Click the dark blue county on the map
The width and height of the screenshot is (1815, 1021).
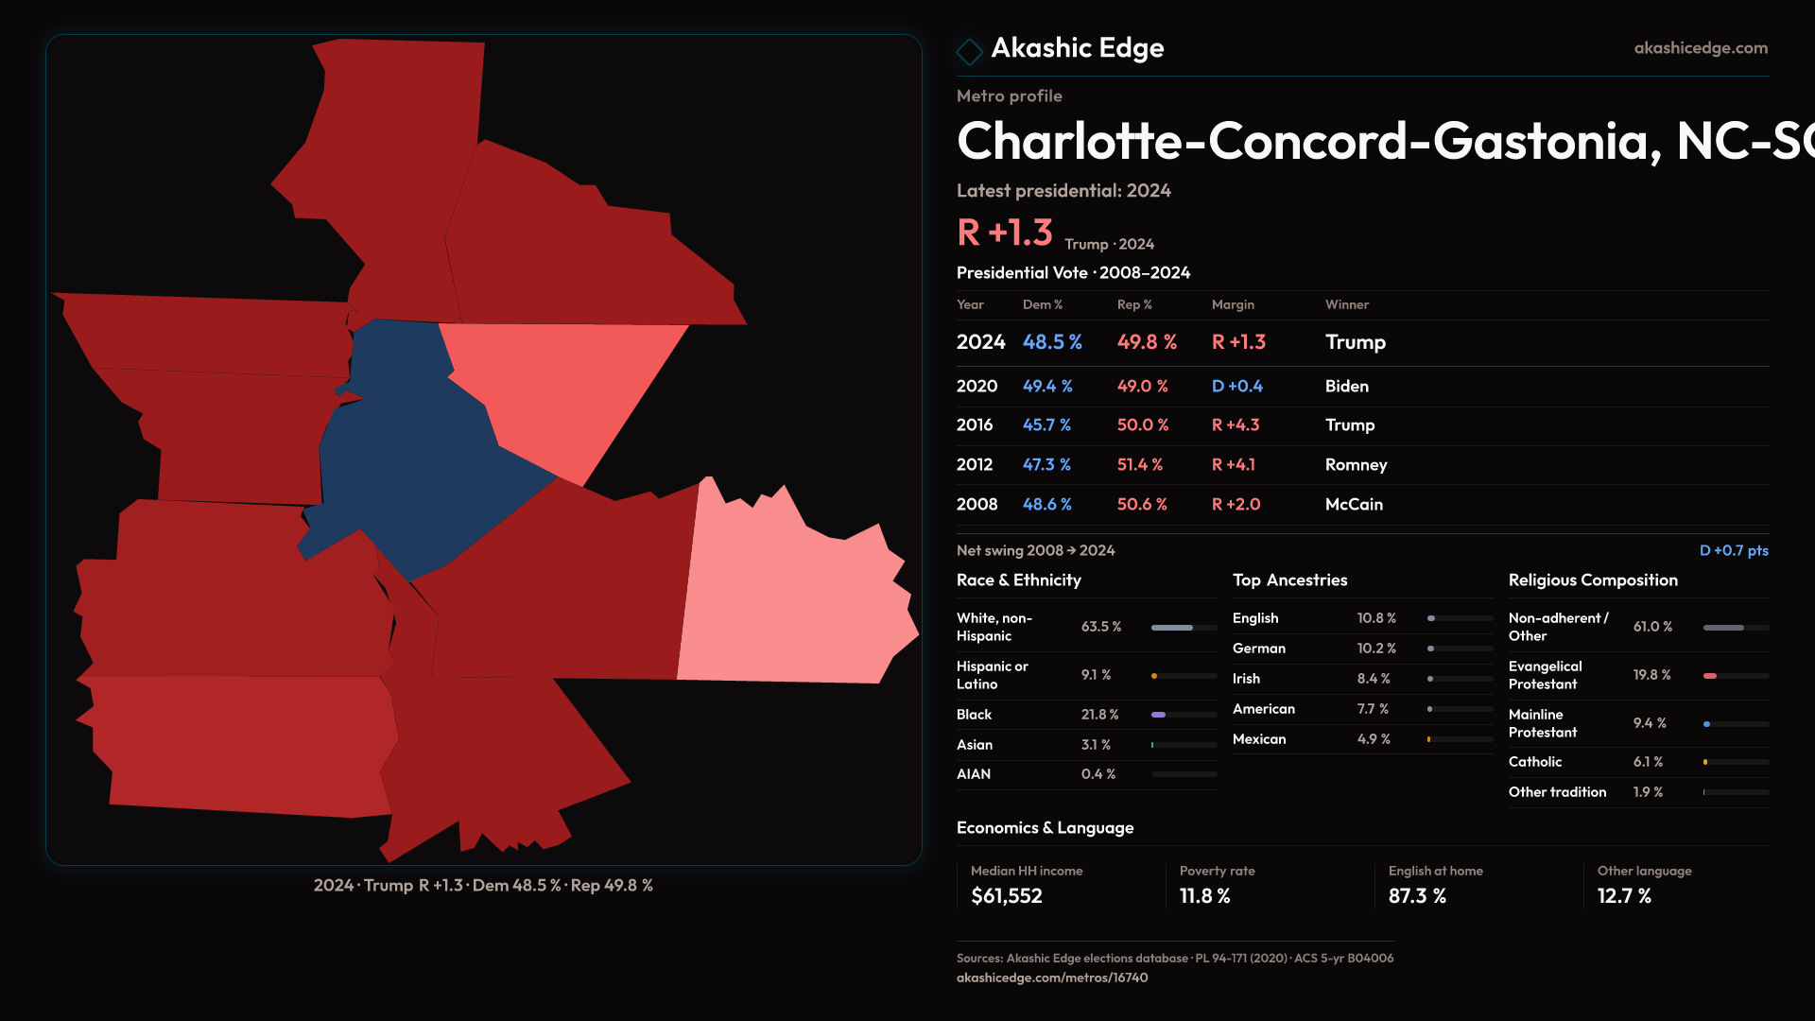point(406,463)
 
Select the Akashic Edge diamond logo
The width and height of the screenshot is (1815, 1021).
point(969,50)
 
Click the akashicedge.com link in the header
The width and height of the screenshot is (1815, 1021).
point(1701,48)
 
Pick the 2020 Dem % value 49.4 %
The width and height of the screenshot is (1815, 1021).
point(1047,387)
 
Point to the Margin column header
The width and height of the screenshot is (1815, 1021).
point(1233,304)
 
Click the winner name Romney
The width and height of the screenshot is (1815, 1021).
point(1356,465)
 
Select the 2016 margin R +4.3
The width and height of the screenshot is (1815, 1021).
point(1236,425)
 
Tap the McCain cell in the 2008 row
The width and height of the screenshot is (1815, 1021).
point(1354,505)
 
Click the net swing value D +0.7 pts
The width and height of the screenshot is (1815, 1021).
point(1733,551)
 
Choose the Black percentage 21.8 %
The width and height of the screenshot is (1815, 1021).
point(1099,715)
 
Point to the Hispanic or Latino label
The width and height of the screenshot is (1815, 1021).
point(992,675)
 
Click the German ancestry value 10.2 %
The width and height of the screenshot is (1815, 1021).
point(1376,649)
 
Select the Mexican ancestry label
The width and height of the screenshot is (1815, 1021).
point(1259,739)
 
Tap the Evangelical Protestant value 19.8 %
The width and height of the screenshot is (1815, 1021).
point(1651,675)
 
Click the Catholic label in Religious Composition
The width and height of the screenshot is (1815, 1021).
point(1535,762)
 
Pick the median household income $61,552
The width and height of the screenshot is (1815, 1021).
point(1007,896)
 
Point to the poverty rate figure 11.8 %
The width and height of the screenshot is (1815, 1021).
point(1204,896)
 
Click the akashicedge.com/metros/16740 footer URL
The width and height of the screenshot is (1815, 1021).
point(1052,978)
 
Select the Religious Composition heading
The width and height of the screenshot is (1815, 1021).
point(1593,580)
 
